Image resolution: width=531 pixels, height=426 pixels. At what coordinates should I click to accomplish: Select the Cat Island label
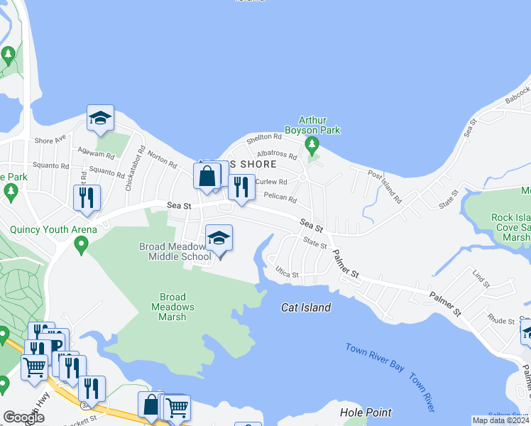pos(306,307)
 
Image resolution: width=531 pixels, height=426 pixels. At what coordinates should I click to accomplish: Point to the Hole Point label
pos(366,412)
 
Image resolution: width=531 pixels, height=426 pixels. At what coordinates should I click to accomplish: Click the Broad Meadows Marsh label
pos(173,307)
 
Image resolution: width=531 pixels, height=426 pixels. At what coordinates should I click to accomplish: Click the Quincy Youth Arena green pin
pos(80,246)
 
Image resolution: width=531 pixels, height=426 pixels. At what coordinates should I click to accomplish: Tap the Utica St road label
pos(287,273)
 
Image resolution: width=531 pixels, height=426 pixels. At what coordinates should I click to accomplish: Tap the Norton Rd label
pos(163,161)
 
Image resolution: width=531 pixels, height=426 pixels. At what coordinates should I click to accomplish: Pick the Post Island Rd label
pos(384,186)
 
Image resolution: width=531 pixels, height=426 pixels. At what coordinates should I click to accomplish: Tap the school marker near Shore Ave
pos(100,119)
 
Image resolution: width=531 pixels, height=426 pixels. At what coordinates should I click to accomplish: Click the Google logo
pos(24,417)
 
